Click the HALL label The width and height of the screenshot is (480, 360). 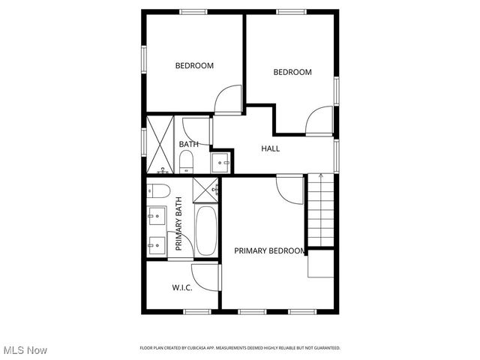[x=270, y=148]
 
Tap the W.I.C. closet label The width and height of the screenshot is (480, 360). [x=181, y=287]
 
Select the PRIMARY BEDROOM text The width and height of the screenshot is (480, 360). [x=269, y=250]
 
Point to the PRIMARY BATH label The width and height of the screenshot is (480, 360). [x=179, y=223]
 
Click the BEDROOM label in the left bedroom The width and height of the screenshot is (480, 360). [x=194, y=66]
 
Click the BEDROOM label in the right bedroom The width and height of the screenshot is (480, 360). [x=292, y=72]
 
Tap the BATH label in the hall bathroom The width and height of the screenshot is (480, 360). [x=188, y=144]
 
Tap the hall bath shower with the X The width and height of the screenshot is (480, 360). [x=160, y=143]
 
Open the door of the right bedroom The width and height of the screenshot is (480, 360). [x=319, y=121]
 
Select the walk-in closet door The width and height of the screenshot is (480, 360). [x=205, y=277]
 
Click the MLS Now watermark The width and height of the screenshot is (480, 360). [x=25, y=350]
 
